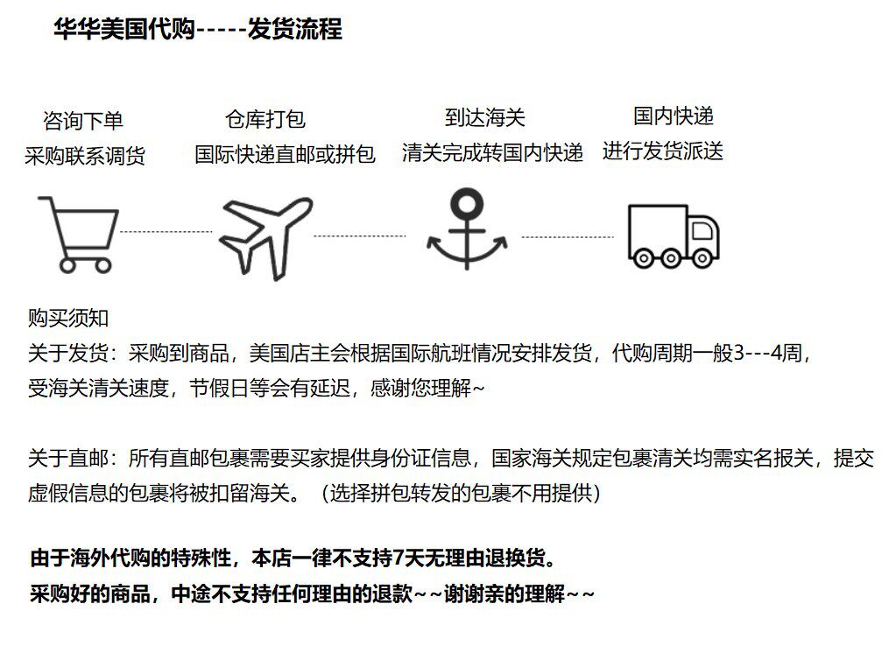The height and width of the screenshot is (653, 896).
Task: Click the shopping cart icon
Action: point(78,232)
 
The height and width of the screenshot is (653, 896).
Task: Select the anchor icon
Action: point(464,229)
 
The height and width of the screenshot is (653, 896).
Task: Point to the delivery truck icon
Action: point(674,234)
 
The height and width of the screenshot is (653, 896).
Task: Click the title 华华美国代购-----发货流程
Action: point(198,30)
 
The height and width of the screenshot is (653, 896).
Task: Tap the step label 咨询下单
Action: point(83,120)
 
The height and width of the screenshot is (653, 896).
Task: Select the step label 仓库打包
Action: point(265,119)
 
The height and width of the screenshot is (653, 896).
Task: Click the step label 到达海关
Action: point(484,117)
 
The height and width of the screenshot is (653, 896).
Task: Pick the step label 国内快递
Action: point(674,116)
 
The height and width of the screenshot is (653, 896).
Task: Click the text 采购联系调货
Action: point(85,156)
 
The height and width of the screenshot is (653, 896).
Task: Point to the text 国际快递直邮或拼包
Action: point(285,155)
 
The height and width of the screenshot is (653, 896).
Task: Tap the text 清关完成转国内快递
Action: point(492,152)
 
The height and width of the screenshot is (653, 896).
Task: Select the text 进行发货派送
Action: point(663,151)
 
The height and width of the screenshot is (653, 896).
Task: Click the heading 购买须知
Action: point(68,319)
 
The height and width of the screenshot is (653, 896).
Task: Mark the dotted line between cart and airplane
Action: point(166,232)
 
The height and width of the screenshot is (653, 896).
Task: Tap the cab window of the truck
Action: point(702,229)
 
